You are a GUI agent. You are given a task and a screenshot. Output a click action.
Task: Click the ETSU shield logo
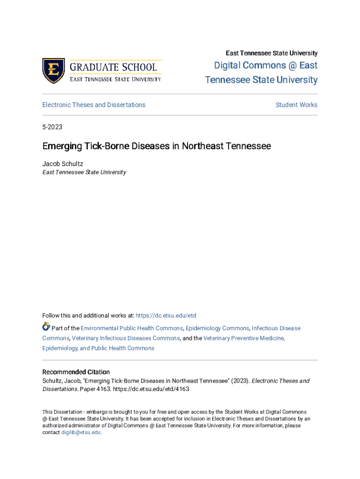[x=53, y=71]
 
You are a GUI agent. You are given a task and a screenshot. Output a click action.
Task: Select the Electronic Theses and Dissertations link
[x=94, y=105]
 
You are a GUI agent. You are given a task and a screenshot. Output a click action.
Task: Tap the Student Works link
[x=296, y=105]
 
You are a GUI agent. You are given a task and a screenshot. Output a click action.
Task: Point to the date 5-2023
[x=52, y=127]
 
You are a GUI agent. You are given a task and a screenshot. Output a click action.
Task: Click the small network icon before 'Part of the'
[x=46, y=327]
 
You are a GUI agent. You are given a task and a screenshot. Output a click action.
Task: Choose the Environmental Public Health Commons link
[x=131, y=328]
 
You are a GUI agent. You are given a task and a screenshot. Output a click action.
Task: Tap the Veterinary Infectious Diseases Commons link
[x=126, y=338]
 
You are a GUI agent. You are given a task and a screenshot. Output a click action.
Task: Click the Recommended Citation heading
[x=76, y=372]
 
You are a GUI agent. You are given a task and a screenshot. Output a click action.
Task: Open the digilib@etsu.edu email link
[x=81, y=433]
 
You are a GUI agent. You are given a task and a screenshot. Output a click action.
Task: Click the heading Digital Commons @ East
[x=266, y=65]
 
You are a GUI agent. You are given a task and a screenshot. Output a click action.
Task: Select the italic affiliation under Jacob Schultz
[x=84, y=172]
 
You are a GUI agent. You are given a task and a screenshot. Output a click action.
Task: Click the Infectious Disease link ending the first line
[x=276, y=328]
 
